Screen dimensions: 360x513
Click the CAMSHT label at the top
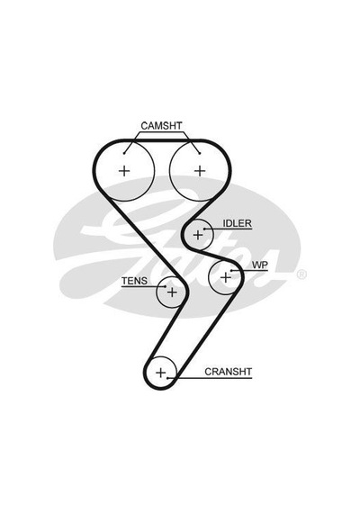point(161,126)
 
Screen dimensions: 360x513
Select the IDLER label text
point(238,223)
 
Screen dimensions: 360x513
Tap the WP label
point(260,265)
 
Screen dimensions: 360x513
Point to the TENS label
point(134,281)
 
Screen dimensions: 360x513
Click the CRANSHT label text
point(229,372)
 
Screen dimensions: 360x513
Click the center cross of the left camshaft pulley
point(124,171)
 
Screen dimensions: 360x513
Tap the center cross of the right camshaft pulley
point(200,171)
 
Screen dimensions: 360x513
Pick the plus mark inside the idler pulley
point(198,235)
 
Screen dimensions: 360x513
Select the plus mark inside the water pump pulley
point(226,278)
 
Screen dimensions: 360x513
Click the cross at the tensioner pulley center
point(172,292)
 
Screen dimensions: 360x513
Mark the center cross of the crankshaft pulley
point(161,373)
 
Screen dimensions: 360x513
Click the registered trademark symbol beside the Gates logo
point(301,274)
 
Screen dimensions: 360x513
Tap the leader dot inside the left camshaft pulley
point(124,153)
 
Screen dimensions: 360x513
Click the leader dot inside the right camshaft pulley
point(200,153)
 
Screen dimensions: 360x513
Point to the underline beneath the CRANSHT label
point(210,378)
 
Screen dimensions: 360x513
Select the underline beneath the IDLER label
point(228,229)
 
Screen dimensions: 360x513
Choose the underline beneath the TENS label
point(144,287)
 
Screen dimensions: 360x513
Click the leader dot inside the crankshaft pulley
point(167,378)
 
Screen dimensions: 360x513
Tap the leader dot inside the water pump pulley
point(231,271)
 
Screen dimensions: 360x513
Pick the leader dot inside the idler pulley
point(204,229)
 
